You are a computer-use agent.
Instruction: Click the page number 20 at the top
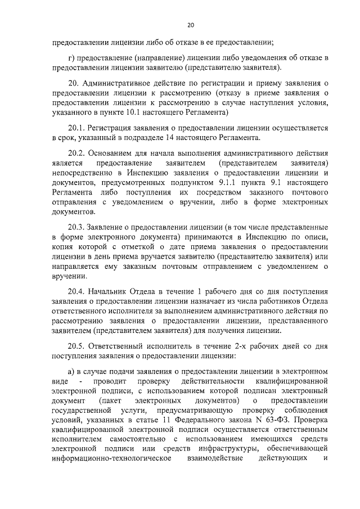[x=190, y=25]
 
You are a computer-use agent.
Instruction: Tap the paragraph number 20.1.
[x=76, y=128]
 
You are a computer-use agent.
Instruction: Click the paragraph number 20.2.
[x=76, y=154]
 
